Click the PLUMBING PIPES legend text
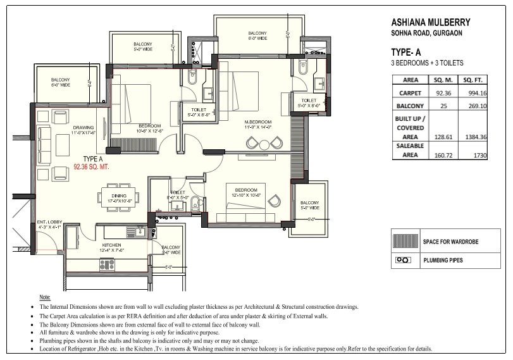pos(443,259)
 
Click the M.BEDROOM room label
pos(258,121)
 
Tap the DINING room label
pos(119,196)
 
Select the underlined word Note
pos(45,297)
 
